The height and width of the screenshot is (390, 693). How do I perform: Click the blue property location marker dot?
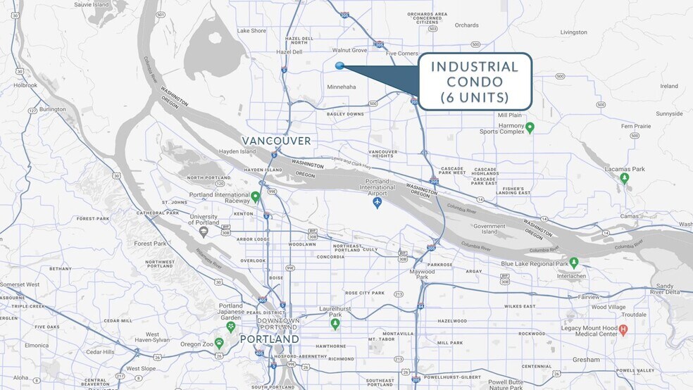pos(339,66)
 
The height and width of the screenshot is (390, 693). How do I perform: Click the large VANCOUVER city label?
pos(276,141)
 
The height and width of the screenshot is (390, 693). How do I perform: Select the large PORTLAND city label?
pos(269,339)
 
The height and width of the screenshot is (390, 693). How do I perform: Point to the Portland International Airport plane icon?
pos(377,203)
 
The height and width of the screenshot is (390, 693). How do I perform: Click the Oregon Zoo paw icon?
pos(219,343)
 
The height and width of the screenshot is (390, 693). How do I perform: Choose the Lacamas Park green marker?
pos(624,178)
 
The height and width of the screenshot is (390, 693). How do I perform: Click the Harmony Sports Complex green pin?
pos(530,127)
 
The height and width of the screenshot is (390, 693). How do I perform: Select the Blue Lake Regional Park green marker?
pos(574,263)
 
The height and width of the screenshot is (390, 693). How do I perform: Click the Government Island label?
pos(489,229)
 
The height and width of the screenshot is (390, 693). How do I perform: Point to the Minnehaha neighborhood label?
pos(342,87)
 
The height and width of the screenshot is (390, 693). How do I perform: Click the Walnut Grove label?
pos(350,50)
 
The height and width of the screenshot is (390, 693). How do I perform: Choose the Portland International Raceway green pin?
pos(255,196)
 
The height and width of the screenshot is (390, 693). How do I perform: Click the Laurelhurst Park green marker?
pos(335,323)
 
